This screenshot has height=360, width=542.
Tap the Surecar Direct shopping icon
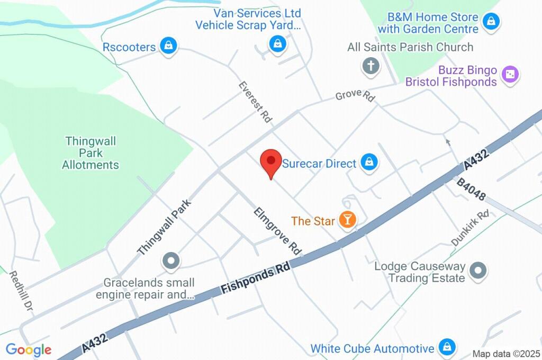(369, 163)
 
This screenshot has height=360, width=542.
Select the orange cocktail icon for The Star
(347, 220)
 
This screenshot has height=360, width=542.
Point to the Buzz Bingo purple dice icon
(510, 75)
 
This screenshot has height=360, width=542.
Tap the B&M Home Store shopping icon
(492, 23)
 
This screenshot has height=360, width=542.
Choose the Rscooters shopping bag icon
(168, 46)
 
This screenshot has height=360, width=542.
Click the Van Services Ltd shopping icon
(277, 44)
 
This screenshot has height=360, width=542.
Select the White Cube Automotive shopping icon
(447, 348)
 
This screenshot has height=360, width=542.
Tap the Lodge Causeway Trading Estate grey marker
(478, 271)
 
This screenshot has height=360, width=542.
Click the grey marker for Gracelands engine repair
(171, 260)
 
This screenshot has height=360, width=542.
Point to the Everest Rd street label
(255, 102)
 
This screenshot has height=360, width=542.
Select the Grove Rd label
(355, 96)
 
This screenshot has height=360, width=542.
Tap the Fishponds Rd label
(256, 279)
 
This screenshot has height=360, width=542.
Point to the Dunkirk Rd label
(470, 228)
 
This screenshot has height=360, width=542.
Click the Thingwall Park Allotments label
(91, 153)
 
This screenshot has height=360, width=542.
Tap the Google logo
(29, 349)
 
